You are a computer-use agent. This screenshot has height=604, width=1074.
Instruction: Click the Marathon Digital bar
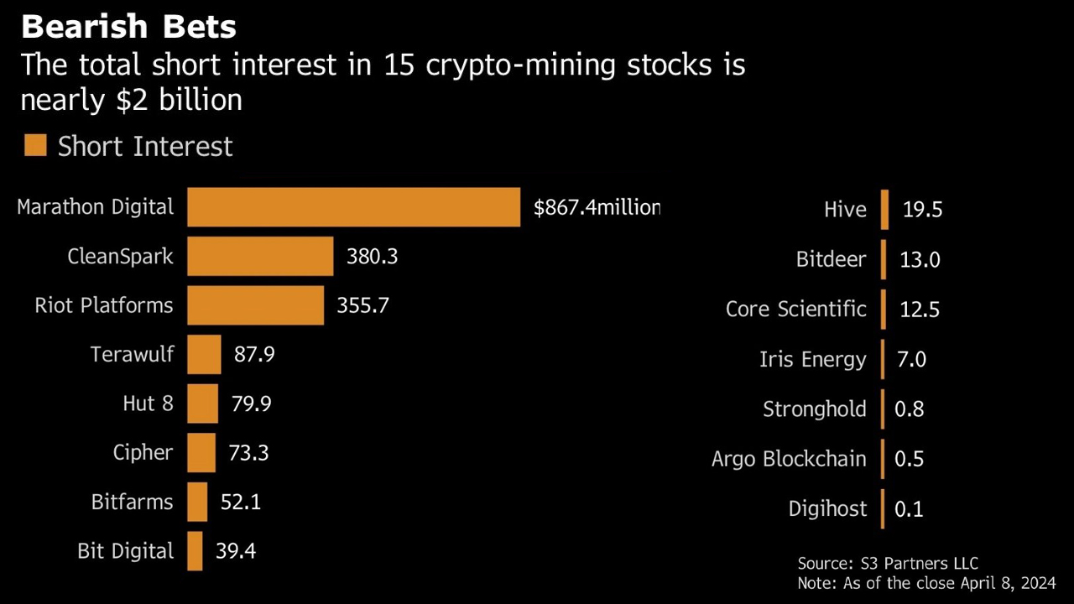pyautogui.click(x=353, y=207)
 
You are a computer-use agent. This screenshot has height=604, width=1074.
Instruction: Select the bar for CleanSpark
pyautogui.click(x=260, y=256)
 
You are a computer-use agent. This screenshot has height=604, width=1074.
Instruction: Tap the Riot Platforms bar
pyautogui.click(x=255, y=305)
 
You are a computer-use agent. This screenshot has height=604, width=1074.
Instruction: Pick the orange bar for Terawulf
pyautogui.click(x=204, y=354)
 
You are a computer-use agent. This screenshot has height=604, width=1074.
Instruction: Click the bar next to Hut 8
pyautogui.click(x=202, y=404)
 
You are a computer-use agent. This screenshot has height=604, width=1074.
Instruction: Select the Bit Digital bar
pyautogui.click(x=195, y=551)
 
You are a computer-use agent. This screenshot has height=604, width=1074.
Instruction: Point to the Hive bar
pyautogui.click(x=884, y=210)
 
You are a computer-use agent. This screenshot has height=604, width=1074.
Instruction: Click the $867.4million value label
pyautogui.click(x=597, y=207)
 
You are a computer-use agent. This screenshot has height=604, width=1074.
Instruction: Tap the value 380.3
pyautogui.click(x=372, y=256)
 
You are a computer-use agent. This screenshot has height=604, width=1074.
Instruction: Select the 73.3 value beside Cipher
pyautogui.click(x=248, y=453)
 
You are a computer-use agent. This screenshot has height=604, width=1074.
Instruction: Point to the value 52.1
pyautogui.click(x=240, y=502)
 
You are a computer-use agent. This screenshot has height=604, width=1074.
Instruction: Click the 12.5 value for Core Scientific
pyautogui.click(x=920, y=310)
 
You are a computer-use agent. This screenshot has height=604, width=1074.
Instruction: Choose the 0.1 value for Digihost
pyautogui.click(x=909, y=509)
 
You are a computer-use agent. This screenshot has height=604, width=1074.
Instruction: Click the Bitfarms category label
pyautogui.click(x=132, y=502)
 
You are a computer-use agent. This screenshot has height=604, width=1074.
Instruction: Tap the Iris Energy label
pyautogui.click(x=812, y=360)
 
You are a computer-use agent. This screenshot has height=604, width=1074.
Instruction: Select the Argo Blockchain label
pyautogui.click(x=789, y=459)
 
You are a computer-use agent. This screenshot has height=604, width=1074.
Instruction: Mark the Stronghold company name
pyautogui.click(x=814, y=409)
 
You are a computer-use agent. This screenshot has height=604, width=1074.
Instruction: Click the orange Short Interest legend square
pyautogui.click(x=35, y=146)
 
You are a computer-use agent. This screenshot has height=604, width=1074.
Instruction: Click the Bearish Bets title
pyautogui.click(x=128, y=27)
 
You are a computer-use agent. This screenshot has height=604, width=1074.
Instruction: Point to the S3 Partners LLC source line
pyautogui.click(x=888, y=564)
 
